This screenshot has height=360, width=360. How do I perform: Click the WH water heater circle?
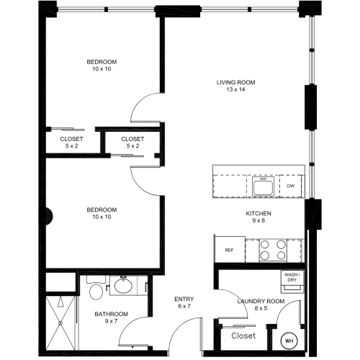pos(289,341)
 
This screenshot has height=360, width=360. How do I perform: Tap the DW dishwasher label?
pos(291,186)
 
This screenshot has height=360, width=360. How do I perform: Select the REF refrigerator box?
pos(230,250)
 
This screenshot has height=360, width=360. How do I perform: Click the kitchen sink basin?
pos(263,186)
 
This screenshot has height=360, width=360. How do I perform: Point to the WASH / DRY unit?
pos(292,282)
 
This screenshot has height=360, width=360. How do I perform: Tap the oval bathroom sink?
pos(123,285)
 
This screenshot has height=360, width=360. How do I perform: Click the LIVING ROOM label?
pos(235,83)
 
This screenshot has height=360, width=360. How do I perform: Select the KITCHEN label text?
pos(258,213)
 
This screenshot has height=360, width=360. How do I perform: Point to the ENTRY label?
pos(184,300)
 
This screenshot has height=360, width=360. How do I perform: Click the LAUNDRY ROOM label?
pos(261,302)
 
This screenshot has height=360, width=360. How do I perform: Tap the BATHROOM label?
pos(111,314)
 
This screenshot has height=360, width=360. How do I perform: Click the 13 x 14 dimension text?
pos(235,89)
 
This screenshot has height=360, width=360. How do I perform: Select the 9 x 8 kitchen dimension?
pos(258,220)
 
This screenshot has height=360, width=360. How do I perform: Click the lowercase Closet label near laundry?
pos(243,336)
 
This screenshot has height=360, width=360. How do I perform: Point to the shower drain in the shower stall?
pos(60,323)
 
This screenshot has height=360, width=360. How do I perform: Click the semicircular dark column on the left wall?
pos(49,216)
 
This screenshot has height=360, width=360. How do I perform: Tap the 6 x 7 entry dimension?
pos(184,306)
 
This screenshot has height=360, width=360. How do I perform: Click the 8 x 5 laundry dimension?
pos(261,308)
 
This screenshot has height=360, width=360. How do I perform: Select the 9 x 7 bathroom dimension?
pos(111,321)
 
